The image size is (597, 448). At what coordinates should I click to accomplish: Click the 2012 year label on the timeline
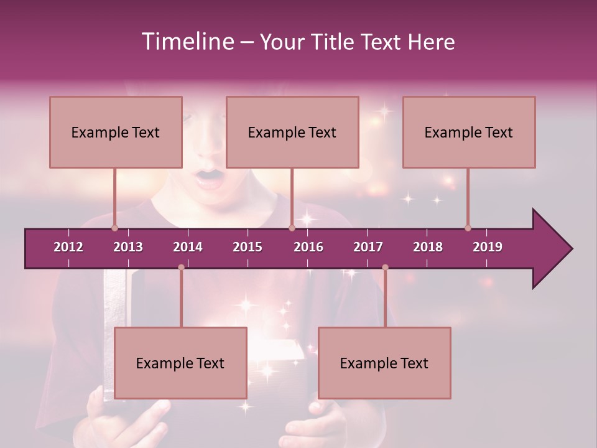click(68, 247)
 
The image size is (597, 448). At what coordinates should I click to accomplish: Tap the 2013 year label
click(128, 247)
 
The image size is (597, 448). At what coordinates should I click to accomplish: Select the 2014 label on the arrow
click(188, 247)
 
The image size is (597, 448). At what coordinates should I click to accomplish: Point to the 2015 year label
click(248, 247)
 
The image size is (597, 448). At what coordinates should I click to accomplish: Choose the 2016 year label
click(308, 247)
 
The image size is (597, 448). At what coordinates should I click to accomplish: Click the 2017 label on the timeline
click(368, 247)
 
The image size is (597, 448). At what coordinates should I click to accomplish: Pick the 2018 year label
click(428, 247)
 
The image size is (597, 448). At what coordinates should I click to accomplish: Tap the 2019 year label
click(488, 247)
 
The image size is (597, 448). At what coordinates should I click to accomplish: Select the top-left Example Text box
click(116, 132)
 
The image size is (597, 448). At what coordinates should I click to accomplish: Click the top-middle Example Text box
click(292, 132)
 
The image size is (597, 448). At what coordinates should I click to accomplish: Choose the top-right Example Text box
click(469, 132)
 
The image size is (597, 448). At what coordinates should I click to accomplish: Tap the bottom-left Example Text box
click(180, 363)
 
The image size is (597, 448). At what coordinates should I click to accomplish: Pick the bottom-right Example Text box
click(384, 363)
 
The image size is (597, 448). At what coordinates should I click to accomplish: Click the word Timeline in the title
click(187, 42)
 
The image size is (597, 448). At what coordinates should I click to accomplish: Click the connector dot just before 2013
click(114, 228)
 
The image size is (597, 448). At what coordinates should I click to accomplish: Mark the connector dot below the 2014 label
click(181, 268)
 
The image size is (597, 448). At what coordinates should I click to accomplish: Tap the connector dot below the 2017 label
click(385, 268)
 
